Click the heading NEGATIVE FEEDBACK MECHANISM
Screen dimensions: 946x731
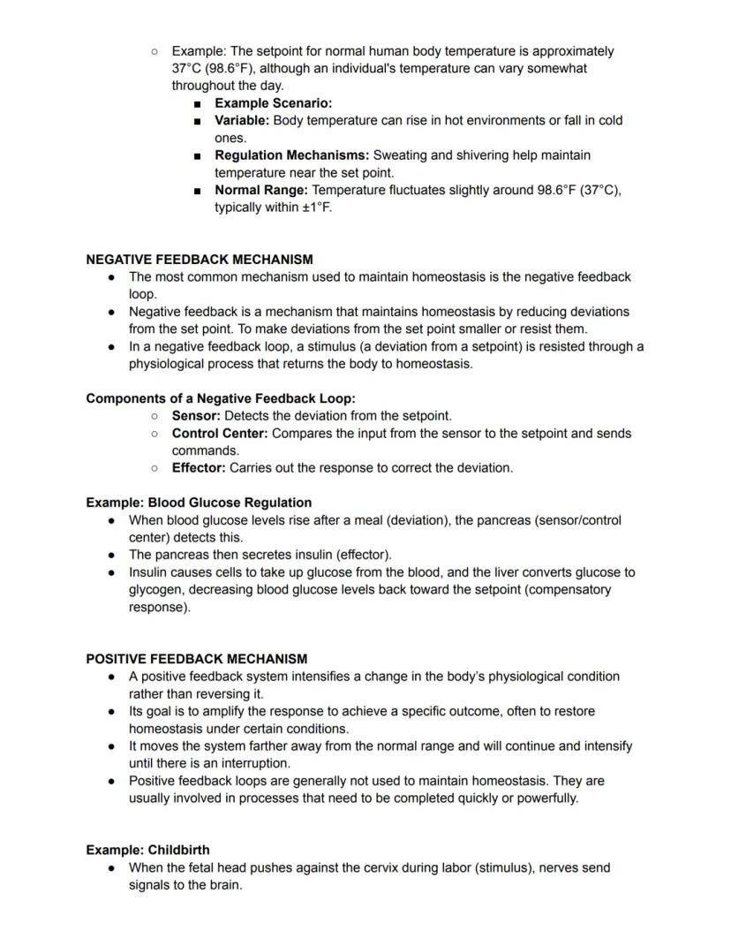tap(199, 260)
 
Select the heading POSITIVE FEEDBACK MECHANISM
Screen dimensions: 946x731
tap(196, 659)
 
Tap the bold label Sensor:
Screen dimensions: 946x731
tap(196, 415)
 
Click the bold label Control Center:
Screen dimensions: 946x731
tap(220, 434)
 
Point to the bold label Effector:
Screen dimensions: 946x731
tap(199, 468)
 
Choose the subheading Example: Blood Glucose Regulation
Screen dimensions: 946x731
tap(199, 503)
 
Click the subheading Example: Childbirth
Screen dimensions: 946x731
tap(147, 850)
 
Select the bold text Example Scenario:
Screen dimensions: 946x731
tap(273, 103)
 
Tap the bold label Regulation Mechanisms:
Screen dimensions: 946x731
tap(291, 155)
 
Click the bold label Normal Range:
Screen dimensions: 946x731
tap(261, 190)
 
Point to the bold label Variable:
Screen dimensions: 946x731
tap(241, 120)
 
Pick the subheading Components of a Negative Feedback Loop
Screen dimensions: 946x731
tap(221, 398)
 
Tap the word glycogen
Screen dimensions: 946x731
tap(157, 589)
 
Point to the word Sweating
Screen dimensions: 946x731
tap(401, 155)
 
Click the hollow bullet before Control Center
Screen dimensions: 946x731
tap(154, 434)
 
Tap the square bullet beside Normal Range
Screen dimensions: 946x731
tap(198, 190)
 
